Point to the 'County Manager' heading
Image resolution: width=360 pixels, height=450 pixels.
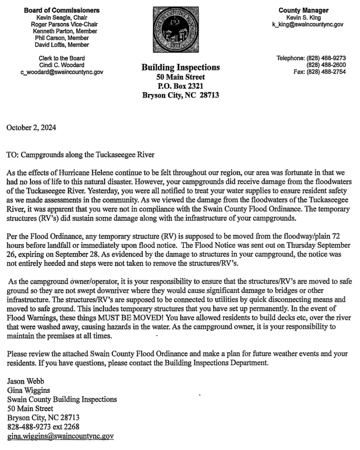pyautogui.click(x=303, y=10)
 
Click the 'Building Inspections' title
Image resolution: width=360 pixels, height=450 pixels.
pyautogui.click(x=180, y=68)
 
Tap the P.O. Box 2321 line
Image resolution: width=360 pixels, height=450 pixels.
pyautogui.click(x=180, y=86)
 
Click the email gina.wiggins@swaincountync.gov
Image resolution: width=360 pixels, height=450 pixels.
pyautogui.click(x=60, y=436)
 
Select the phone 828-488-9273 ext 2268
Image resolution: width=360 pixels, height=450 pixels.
pyautogui.click(x=43, y=427)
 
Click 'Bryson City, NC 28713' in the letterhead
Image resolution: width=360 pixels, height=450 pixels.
pyautogui.click(x=180, y=95)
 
